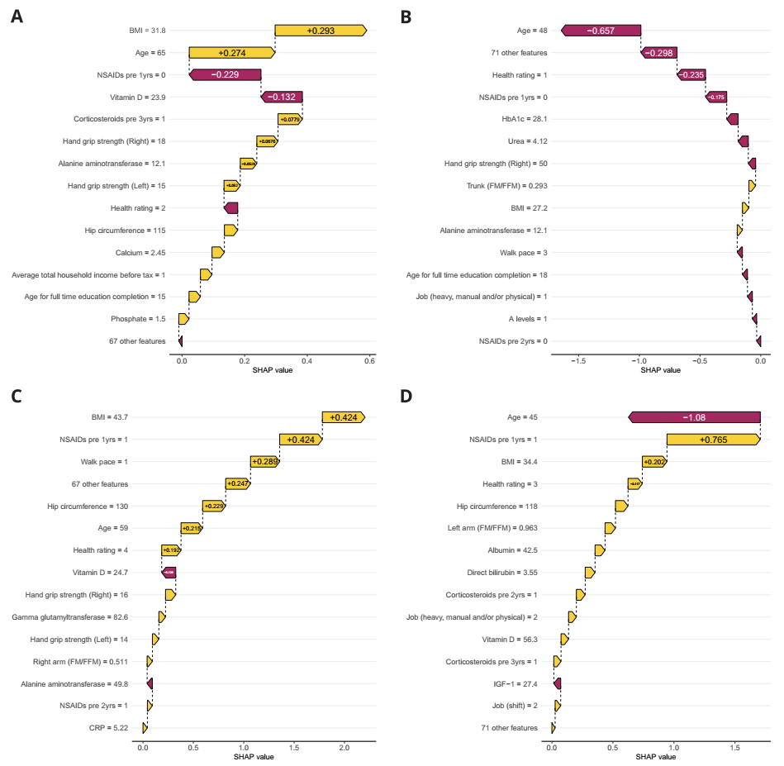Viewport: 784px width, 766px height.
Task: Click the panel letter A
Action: point(17,15)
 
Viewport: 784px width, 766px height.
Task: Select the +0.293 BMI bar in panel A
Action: point(320,31)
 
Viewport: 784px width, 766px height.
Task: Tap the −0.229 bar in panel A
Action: point(225,75)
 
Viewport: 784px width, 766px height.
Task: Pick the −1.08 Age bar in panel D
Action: point(694,417)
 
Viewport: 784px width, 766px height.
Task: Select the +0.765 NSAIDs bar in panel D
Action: point(713,440)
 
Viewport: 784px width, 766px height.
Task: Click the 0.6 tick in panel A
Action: point(369,361)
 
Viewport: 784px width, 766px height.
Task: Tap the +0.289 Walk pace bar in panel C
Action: point(264,462)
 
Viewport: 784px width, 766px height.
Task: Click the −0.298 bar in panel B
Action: point(658,53)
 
